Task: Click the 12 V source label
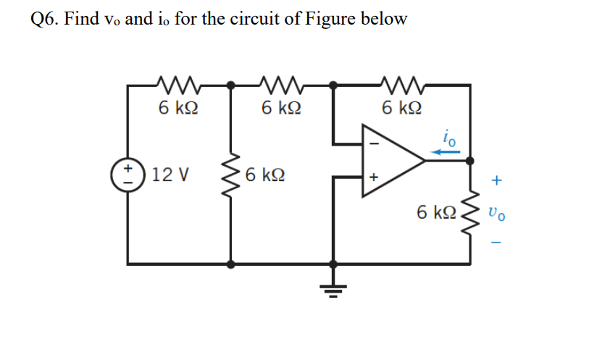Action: pos(172,175)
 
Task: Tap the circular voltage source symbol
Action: pos(129,175)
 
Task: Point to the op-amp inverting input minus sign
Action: pos(374,143)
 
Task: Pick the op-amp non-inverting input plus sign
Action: pos(374,176)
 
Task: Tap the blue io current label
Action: pos(450,137)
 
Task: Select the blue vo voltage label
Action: pos(496,213)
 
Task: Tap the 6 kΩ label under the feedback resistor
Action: pos(401,109)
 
